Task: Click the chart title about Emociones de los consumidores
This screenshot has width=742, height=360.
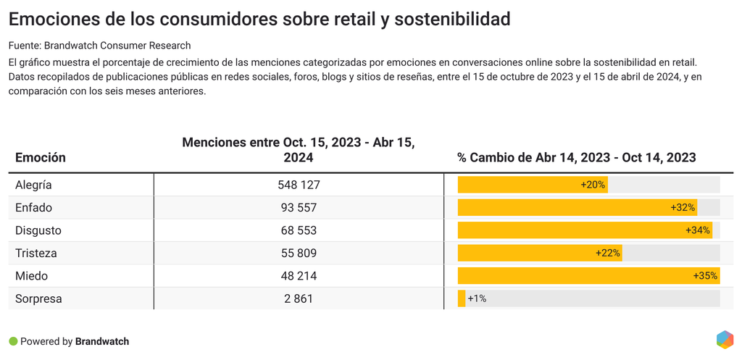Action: (259, 20)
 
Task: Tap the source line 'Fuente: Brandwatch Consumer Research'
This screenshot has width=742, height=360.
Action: (99, 46)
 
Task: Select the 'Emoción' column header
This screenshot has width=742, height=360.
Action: (41, 157)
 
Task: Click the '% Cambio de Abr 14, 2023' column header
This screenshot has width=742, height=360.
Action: (576, 157)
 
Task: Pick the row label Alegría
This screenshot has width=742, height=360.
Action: (33, 185)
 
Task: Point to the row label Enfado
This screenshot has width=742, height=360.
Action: (34, 208)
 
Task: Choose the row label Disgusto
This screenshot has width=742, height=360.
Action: (38, 230)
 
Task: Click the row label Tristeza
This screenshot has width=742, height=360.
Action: (36, 254)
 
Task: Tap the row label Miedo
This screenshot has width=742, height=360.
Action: (31, 276)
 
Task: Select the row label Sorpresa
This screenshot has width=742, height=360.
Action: (38, 298)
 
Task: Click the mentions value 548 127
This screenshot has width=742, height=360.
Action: (299, 185)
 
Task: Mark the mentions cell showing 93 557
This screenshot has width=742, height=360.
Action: (299, 208)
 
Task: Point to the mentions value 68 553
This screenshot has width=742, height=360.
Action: (299, 230)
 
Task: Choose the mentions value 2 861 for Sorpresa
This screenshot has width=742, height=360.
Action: (299, 298)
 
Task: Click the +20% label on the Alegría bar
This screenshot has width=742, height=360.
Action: (593, 185)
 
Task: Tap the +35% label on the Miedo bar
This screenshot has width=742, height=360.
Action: (704, 276)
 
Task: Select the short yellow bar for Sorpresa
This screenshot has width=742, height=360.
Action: (462, 298)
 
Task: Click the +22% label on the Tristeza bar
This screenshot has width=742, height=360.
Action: (607, 254)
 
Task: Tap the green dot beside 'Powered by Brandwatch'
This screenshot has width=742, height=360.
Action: (13, 341)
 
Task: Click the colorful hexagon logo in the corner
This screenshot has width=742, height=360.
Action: (724, 340)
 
